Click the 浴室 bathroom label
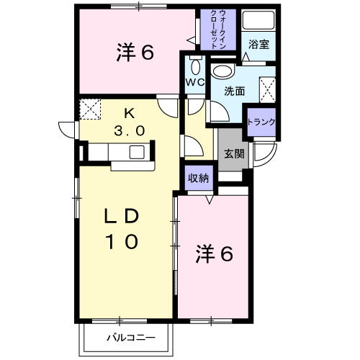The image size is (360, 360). pyautogui.click(x=258, y=45)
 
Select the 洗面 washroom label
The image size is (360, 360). pyautogui.click(x=235, y=91)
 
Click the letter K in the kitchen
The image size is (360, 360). pyautogui.click(x=129, y=112)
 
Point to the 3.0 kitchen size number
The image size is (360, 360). pyautogui.click(x=130, y=130)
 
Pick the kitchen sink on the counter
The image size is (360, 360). pyautogui.click(x=136, y=152)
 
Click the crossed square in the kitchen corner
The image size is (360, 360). pyautogui.click(x=89, y=109)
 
